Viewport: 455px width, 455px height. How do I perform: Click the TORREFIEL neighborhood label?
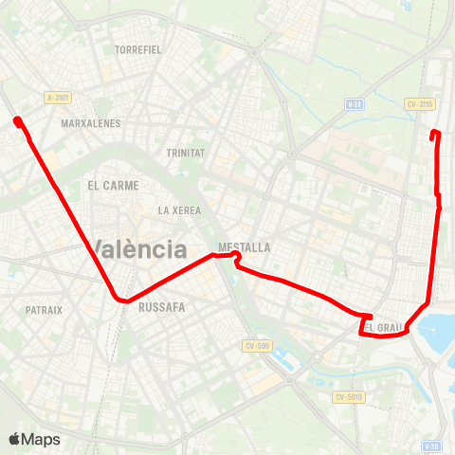(x=138, y=48)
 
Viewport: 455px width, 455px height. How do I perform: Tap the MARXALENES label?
(x=90, y=123)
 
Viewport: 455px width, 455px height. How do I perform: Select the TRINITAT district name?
(x=185, y=153)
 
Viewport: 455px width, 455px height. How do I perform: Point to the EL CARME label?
(x=113, y=185)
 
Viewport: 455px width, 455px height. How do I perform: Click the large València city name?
(x=140, y=250)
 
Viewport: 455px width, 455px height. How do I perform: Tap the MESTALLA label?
(x=245, y=247)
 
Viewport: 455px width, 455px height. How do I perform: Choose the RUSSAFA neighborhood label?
(x=161, y=307)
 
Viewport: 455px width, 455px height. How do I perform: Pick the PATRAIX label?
(x=44, y=310)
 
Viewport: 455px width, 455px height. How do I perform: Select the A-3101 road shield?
(x=58, y=97)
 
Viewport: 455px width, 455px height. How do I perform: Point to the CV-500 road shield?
(x=257, y=346)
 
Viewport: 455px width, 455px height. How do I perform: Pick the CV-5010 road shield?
(x=348, y=397)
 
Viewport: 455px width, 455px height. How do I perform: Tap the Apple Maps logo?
(x=34, y=439)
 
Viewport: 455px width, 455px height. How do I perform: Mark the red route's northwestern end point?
(x=18, y=119)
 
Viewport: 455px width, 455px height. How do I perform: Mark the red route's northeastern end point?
(x=434, y=133)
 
